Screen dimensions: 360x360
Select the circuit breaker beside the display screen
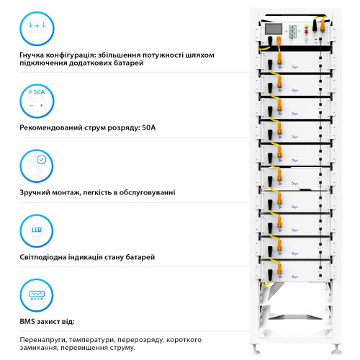click(x=294, y=33)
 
